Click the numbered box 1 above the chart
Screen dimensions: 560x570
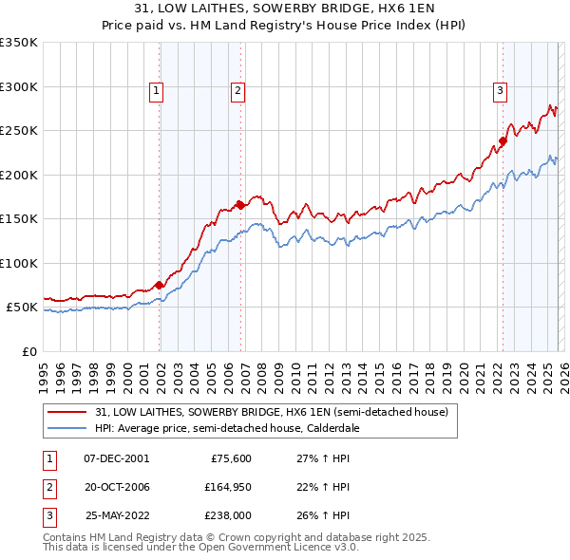pyautogui.click(x=156, y=91)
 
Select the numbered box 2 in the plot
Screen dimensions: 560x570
pyautogui.click(x=237, y=91)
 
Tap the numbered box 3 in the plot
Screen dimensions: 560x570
pyautogui.click(x=500, y=91)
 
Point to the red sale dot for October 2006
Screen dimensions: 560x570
pyautogui.click(x=241, y=204)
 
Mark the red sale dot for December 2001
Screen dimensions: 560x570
pyautogui.click(x=159, y=284)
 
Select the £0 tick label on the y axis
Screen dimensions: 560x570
pyautogui.click(x=28, y=352)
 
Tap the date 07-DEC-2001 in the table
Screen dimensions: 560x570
pyautogui.click(x=117, y=457)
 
